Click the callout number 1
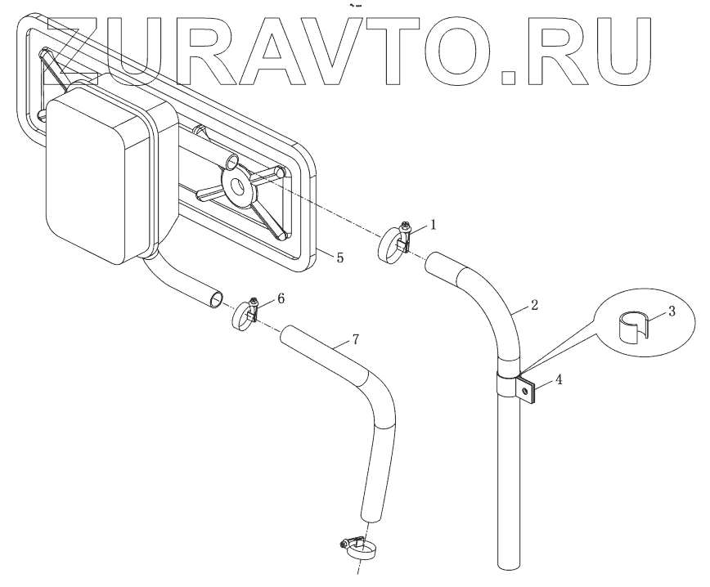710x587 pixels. pos(434,222)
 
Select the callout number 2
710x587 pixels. pos(533,306)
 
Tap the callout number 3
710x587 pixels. pos(671,311)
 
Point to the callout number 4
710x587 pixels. pos(559,379)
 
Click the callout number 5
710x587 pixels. pos(339,257)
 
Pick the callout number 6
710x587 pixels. pos(281,298)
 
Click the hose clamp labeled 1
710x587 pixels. pos(394,244)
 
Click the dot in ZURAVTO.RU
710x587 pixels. pos(509,78)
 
